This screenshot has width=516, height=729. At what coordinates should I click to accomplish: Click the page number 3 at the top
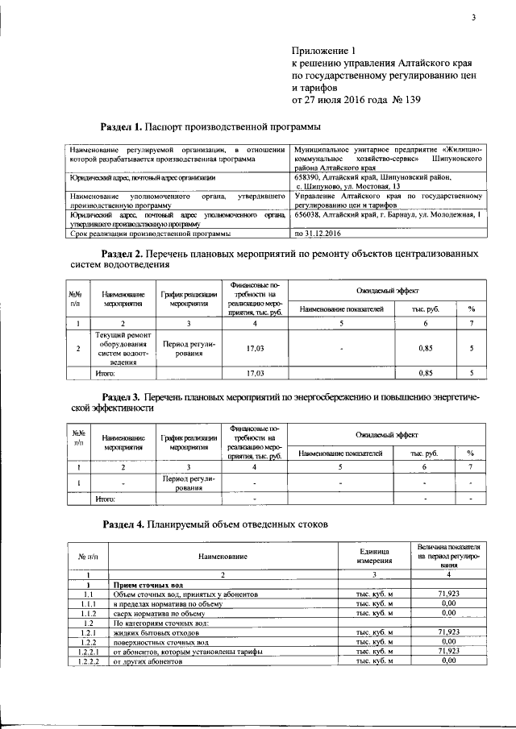click(x=474, y=19)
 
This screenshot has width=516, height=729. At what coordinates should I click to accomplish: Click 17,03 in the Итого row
click(x=255, y=374)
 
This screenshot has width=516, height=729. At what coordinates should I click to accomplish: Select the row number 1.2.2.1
click(x=86, y=651)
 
